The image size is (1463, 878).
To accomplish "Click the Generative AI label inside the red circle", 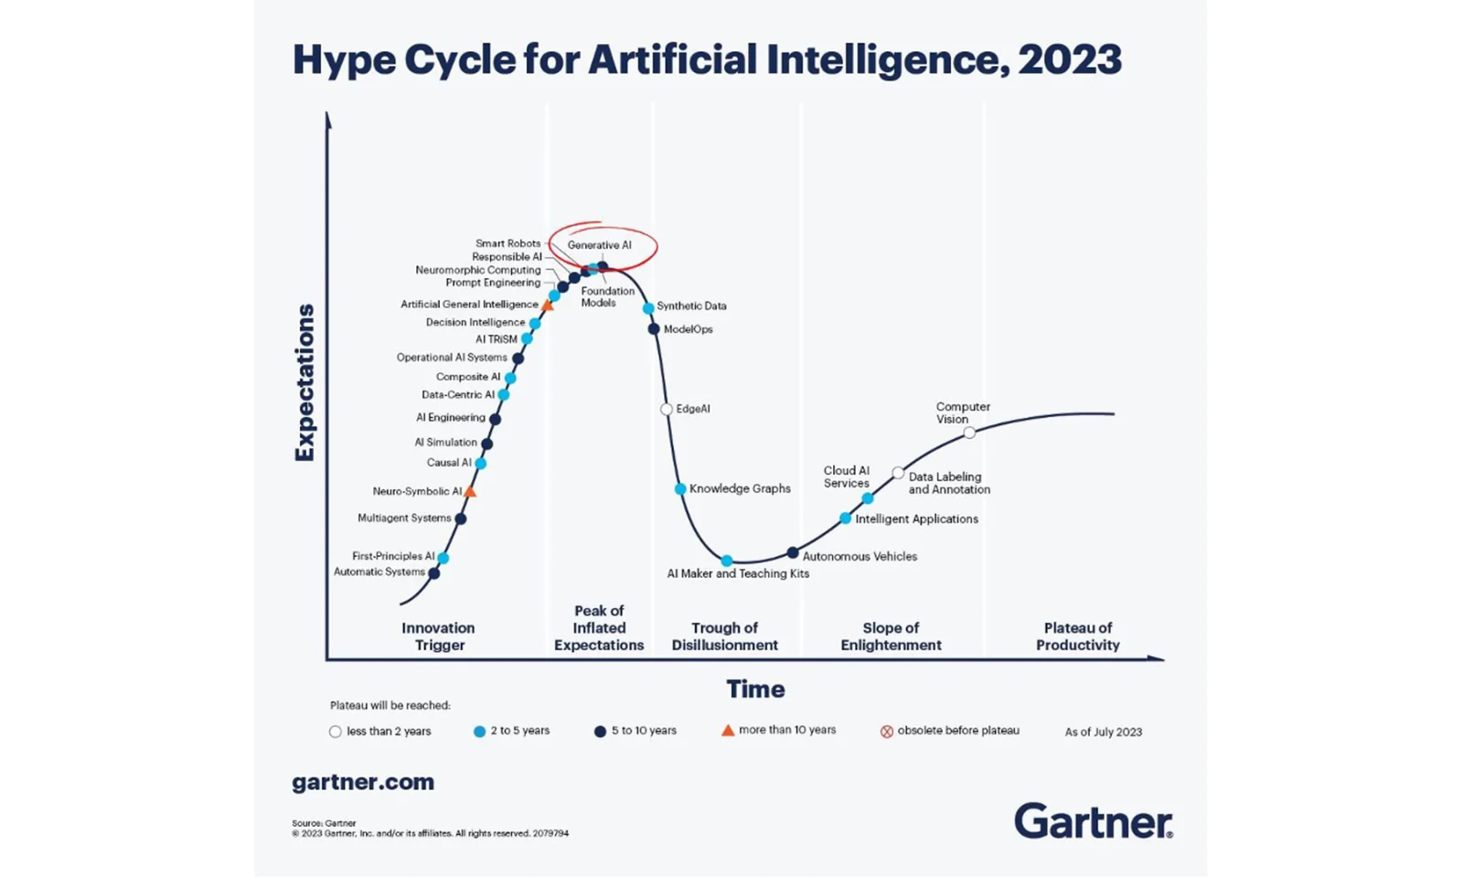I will coord(599,245).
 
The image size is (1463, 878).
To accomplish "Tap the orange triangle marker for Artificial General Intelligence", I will coord(548,305).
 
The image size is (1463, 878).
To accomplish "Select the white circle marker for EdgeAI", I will coord(667,409).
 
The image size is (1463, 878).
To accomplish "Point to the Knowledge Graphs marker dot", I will coord(680,489).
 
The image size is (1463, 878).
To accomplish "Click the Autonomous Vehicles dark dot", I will coord(793,552).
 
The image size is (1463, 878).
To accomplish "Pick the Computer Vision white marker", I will coord(969,433).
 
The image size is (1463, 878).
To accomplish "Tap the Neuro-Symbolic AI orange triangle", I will coord(470,492).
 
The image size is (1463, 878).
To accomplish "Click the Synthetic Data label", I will coord(691,305).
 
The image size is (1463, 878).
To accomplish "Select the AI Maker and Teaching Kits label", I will coord(738,573).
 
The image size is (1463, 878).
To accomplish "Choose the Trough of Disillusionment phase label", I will coord(724,637).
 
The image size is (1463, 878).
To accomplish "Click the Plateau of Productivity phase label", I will coord(1078,637).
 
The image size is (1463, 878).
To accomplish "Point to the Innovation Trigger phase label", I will coord(439,637).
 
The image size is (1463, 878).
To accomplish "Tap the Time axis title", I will coord(755,689).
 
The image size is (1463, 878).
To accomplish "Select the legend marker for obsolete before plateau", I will coord(887,732).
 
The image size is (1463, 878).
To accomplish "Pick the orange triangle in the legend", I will coord(728,730).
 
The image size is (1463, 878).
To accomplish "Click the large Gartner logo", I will coord(1093,820).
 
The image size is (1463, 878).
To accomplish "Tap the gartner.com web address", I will coord(363,782).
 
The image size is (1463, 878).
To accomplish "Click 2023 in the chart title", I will coord(1069,60).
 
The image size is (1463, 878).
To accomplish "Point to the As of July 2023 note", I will coord(1103,732).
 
